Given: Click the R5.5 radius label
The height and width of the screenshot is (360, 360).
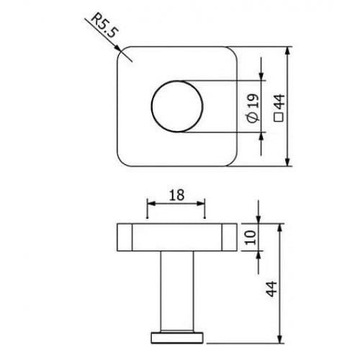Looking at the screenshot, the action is [x=104, y=26].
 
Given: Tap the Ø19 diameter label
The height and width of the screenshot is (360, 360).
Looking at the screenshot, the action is [x=253, y=108].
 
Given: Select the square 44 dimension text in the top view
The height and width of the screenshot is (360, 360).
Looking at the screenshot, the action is [x=279, y=108].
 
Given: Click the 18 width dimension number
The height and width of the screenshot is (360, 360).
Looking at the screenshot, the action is [x=177, y=195].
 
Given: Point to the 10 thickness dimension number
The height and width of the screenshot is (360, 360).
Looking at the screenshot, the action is [x=251, y=237].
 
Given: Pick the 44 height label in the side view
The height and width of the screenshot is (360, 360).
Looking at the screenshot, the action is [x=271, y=289].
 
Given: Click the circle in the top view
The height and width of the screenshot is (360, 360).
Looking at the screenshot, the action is [x=151, y=107].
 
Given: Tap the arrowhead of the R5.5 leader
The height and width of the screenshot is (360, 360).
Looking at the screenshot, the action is [x=117, y=48].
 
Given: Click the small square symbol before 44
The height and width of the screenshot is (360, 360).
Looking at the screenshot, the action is [x=279, y=117].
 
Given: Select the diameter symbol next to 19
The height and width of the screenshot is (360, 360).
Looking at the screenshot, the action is [x=253, y=118].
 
